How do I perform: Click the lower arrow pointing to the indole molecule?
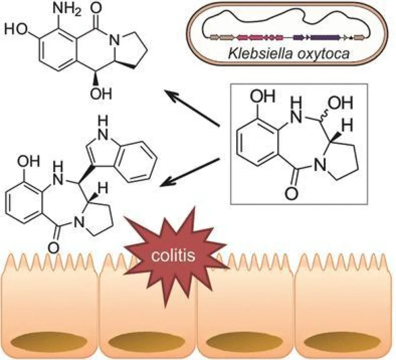click(x=190, y=172)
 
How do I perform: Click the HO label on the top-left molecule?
click(x=18, y=30)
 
